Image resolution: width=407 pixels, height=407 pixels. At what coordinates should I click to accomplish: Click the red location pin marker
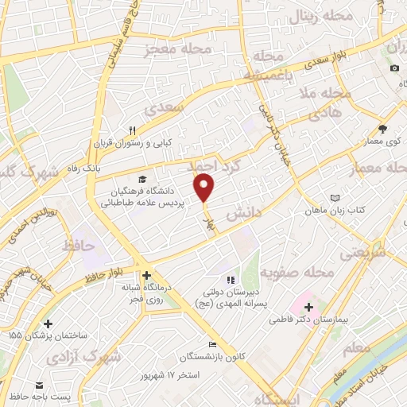coord(205,187)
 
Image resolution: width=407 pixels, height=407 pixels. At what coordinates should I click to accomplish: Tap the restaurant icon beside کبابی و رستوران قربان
coord(134,130)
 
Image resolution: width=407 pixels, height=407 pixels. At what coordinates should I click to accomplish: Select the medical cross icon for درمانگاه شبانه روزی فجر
coord(146,274)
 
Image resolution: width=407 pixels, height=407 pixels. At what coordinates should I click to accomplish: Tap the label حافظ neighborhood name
coord(79,246)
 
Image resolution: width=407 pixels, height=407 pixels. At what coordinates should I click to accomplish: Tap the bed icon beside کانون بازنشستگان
coord(211,343)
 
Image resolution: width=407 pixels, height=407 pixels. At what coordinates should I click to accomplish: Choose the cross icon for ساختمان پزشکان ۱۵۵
coord(49,324)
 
